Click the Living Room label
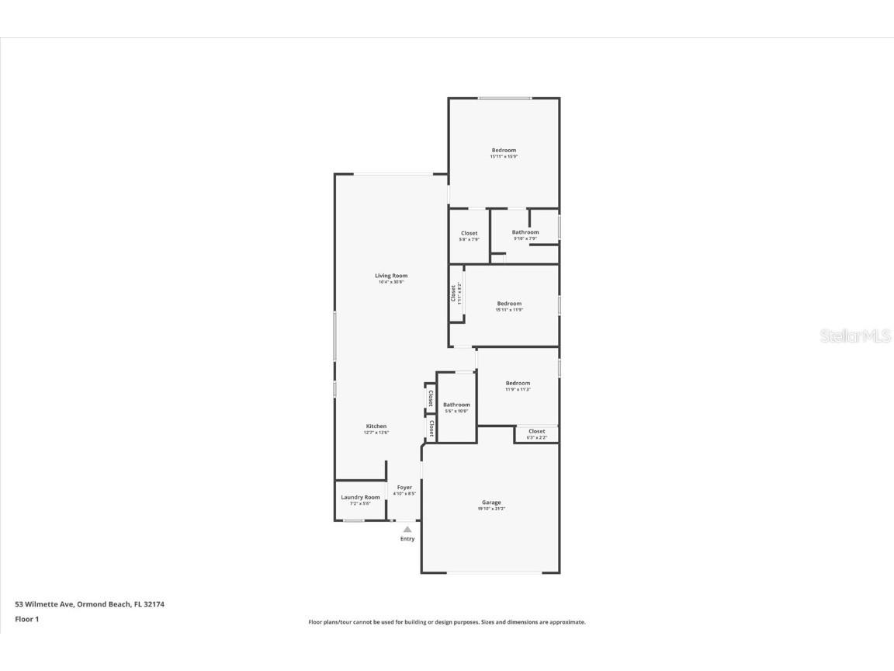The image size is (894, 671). click(x=391, y=276)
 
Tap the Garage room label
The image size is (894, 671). click(x=491, y=502)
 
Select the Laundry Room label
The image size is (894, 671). click(x=360, y=497)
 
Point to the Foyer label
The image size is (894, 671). click(x=404, y=488)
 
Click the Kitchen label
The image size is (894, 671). click(x=376, y=426)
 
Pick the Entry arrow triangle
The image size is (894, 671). click(x=407, y=530)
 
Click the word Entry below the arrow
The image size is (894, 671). click(x=407, y=539)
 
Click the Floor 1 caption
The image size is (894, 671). click(x=27, y=619)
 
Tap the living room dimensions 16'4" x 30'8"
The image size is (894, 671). click(x=391, y=282)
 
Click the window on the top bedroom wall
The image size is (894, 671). click(x=504, y=98)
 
